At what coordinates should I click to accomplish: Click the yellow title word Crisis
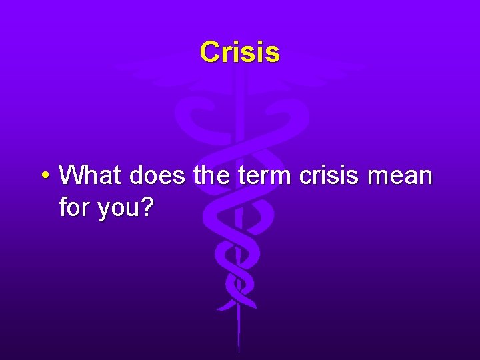coord(239,52)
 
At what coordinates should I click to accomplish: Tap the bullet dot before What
coord(43,176)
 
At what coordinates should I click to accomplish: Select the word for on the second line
coord(75,208)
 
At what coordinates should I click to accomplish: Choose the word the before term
coord(209,176)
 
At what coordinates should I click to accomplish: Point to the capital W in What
coord(72,176)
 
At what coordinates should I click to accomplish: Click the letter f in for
coord(63,208)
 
